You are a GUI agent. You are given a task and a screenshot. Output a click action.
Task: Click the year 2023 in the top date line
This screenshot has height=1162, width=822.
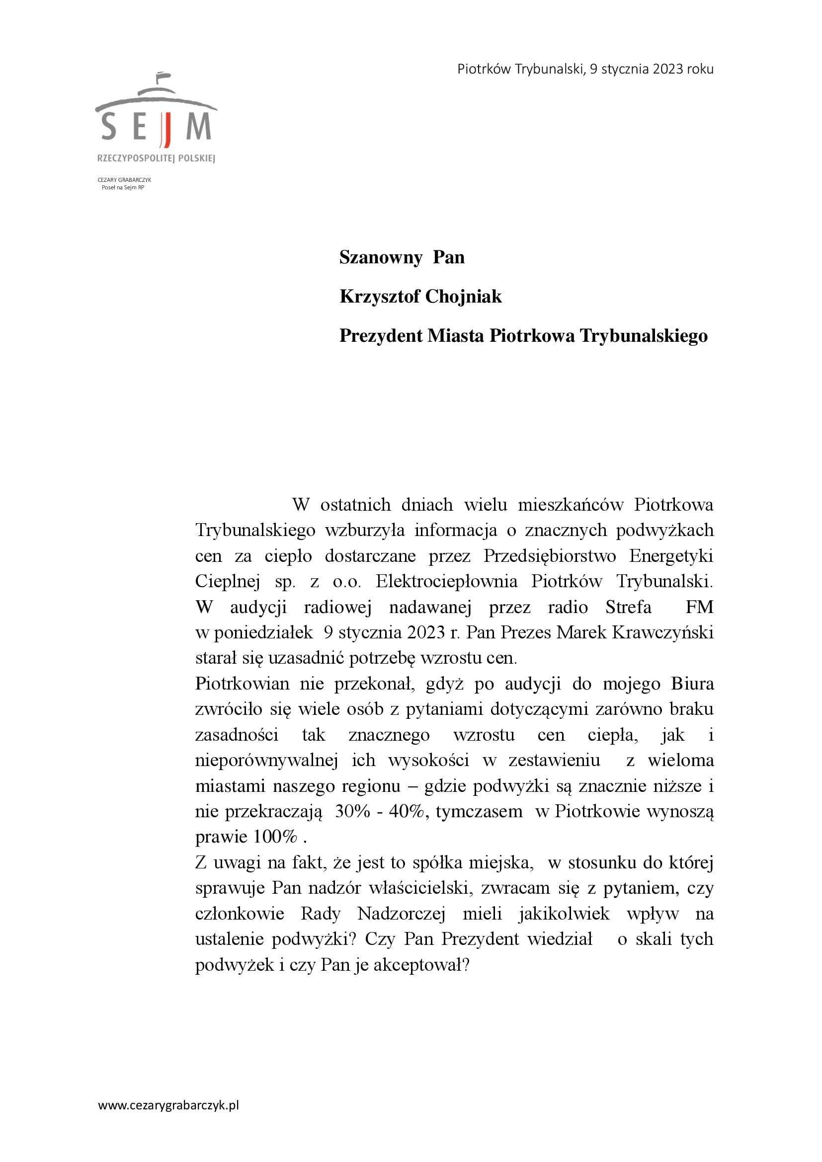click(x=667, y=70)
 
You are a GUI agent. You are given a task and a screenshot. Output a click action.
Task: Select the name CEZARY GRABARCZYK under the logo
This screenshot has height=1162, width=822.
click(x=124, y=180)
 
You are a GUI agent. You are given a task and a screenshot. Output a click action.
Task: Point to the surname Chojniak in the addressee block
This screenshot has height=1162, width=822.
click(x=463, y=297)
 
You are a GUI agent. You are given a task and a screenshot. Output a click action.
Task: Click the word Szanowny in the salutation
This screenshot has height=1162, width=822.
click(x=380, y=258)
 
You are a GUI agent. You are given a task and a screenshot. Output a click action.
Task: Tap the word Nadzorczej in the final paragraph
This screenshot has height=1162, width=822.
click(x=402, y=914)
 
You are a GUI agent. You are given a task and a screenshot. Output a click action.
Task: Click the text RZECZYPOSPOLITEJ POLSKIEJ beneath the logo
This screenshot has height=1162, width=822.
click(x=156, y=159)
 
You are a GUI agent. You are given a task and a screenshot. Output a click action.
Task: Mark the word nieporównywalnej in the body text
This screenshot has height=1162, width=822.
click(x=266, y=761)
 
